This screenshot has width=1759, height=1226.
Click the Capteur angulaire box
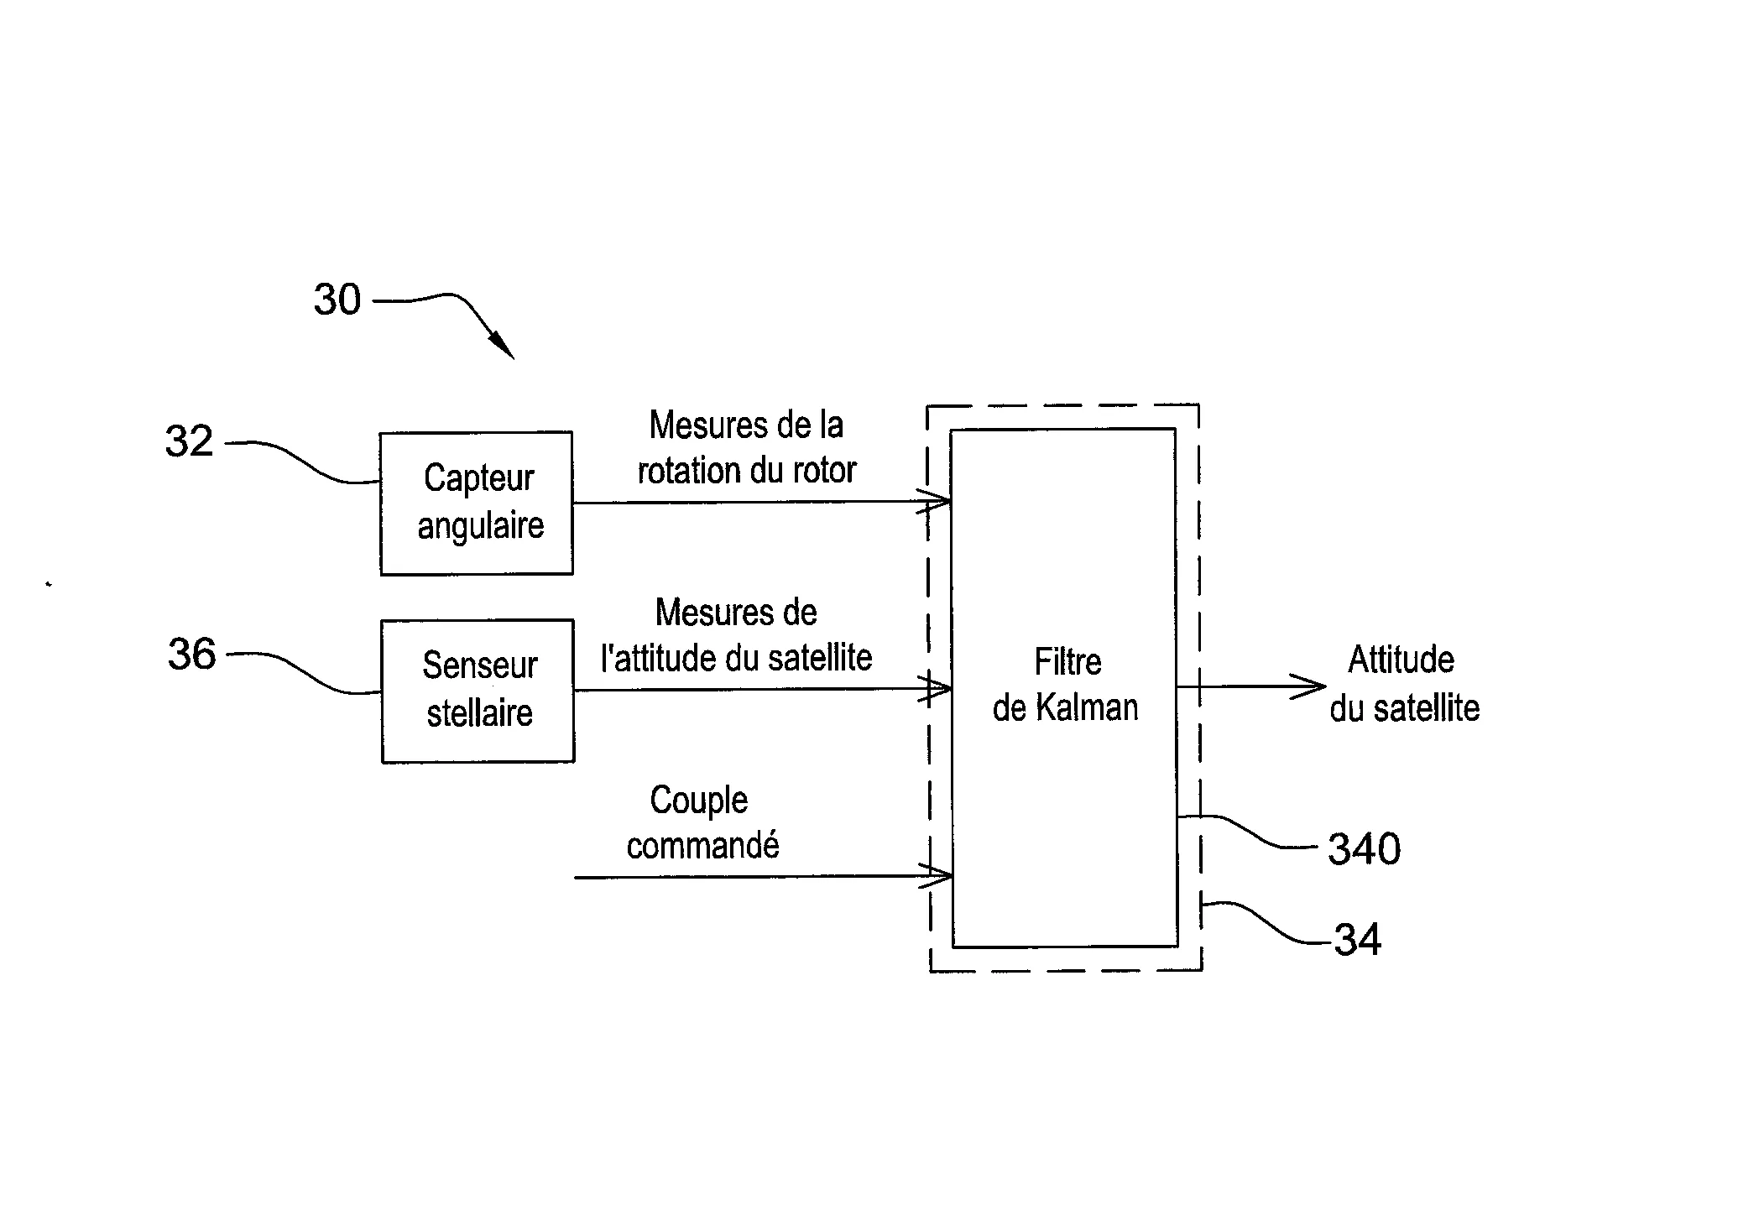pos(477,503)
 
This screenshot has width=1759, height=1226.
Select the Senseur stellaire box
pos(478,691)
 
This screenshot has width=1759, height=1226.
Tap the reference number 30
pos(337,300)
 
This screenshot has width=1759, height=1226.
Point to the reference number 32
pos(190,441)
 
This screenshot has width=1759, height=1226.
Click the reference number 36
pos(192,654)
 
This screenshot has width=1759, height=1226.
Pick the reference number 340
pos(1365,848)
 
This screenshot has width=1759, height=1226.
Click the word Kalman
pos(1088,707)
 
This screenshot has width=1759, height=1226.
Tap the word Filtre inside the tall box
pos(1067,662)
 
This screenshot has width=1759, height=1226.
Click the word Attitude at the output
pos(1401,660)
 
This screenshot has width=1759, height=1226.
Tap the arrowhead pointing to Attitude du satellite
pos(1309,686)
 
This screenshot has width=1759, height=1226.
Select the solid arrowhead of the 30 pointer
pos(501,344)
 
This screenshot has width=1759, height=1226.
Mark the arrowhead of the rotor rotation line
pos(934,501)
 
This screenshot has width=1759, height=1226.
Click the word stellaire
pos(480,713)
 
